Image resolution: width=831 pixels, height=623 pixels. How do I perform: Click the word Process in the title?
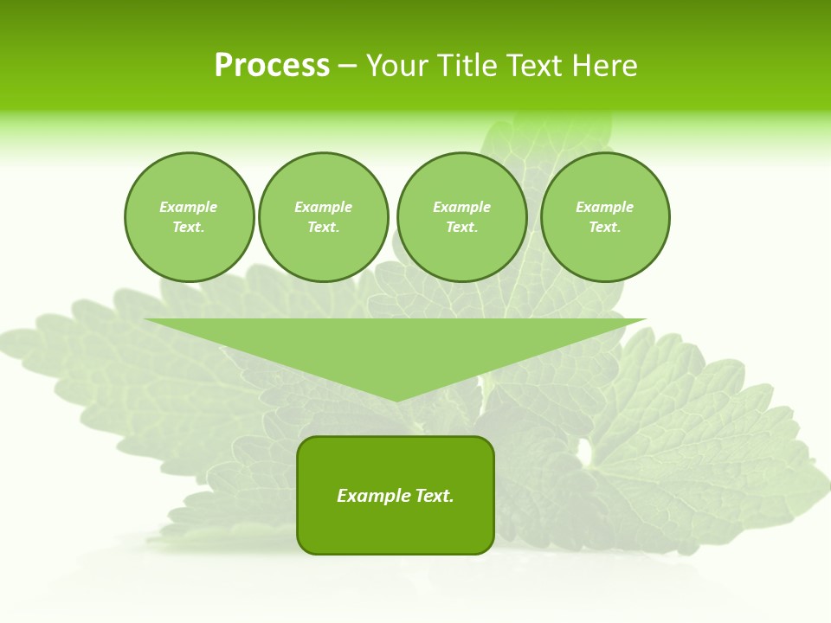(x=272, y=66)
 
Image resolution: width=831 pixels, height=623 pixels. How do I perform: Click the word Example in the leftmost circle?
(x=189, y=207)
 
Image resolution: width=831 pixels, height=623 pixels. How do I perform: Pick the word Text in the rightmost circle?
(x=604, y=227)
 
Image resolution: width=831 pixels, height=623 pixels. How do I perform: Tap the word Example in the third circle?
(x=461, y=207)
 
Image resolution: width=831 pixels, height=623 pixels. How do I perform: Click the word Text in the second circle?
(x=322, y=227)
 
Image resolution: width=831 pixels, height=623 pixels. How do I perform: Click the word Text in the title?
(x=532, y=66)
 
